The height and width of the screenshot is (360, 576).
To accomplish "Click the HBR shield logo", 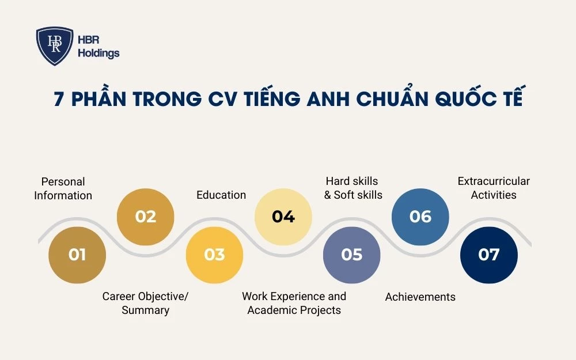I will (x=55, y=46).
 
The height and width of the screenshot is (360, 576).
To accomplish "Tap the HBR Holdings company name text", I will (x=98, y=47).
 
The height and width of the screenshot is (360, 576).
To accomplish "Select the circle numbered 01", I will (x=77, y=255).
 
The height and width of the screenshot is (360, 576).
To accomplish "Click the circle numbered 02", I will (x=146, y=217).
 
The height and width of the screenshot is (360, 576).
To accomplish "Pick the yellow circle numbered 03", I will (x=214, y=255).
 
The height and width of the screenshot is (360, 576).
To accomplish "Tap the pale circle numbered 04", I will (x=283, y=217).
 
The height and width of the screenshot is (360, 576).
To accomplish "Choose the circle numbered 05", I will (x=351, y=255).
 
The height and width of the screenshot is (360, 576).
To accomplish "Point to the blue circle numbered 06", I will (x=420, y=217).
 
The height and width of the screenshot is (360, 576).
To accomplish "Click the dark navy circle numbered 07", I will (x=489, y=255).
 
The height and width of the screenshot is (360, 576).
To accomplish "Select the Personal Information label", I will (x=63, y=188).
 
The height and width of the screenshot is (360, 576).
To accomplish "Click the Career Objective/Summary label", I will (x=145, y=303).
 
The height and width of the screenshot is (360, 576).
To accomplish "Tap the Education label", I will (x=221, y=195).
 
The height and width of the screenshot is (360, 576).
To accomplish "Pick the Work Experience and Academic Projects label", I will (x=294, y=303).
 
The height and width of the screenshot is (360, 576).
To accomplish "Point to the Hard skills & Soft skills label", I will (x=353, y=188).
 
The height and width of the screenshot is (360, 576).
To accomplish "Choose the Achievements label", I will (x=420, y=297).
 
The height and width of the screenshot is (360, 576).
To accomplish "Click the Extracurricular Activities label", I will (x=494, y=188).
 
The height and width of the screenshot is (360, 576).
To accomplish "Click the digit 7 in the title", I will (x=58, y=99).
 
